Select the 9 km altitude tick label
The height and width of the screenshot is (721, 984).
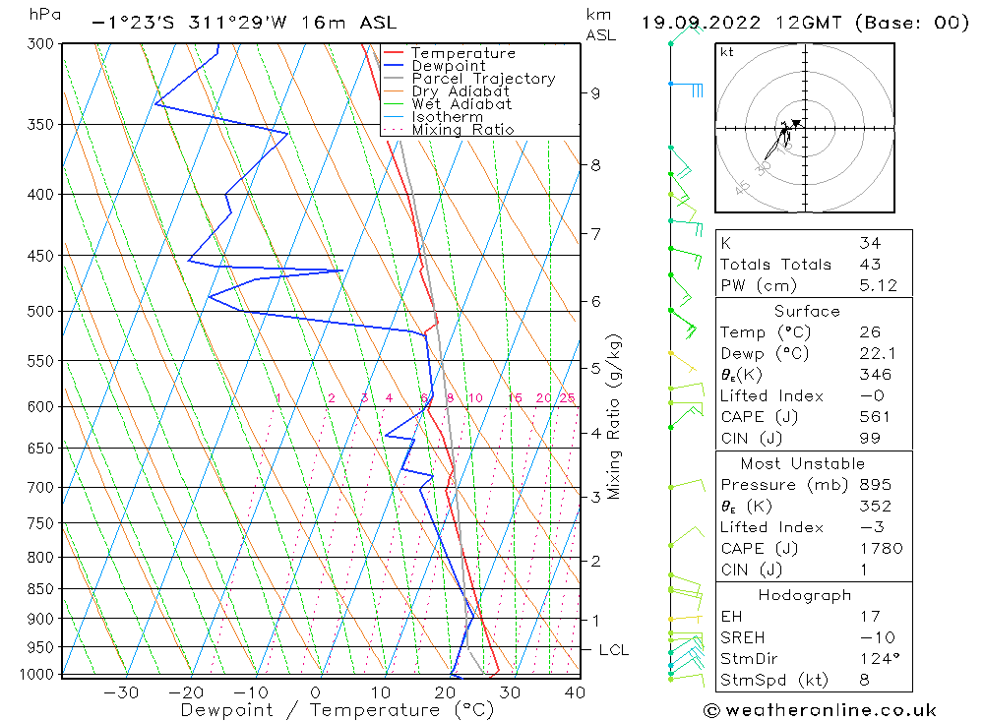pyautogui.click(x=595, y=93)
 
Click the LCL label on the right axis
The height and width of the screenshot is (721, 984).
pyautogui.click(x=613, y=650)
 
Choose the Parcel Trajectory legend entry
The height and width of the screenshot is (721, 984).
pyautogui.click(x=482, y=79)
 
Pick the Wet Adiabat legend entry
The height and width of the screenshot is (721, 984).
pyautogui.click(x=461, y=104)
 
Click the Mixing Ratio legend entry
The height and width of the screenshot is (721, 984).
pyautogui.click(x=462, y=130)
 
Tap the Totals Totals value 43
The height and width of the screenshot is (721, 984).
pyautogui.click(x=870, y=264)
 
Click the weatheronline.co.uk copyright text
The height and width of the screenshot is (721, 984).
pyautogui.click(x=820, y=709)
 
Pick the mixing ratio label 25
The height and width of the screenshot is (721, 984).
pyautogui.click(x=567, y=398)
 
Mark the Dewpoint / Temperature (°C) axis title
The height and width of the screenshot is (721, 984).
pyautogui.click(x=337, y=709)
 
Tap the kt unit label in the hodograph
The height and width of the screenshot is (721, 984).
pyautogui.click(x=726, y=52)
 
